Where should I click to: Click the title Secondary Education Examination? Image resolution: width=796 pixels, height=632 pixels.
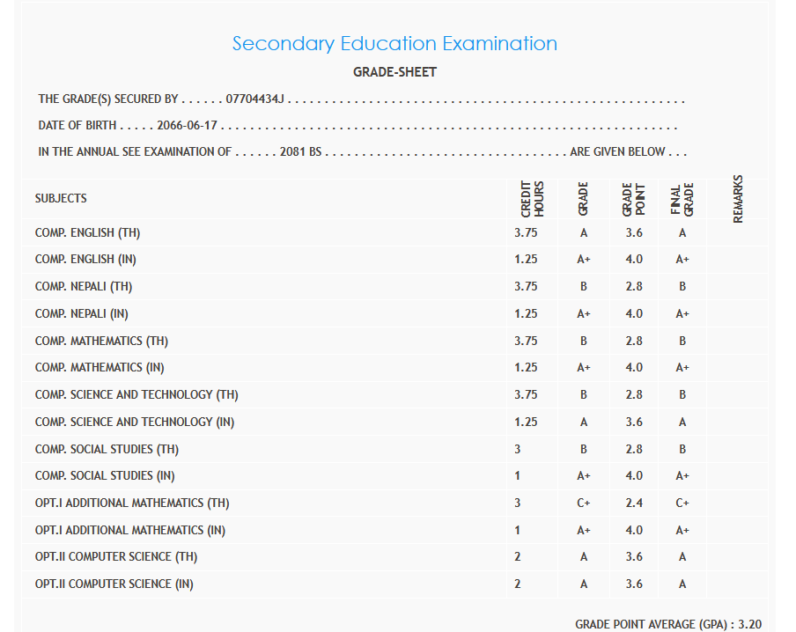(394, 43)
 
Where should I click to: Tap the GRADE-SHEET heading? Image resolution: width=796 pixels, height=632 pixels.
(394, 72)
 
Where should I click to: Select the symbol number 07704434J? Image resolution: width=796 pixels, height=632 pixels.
(254, 100)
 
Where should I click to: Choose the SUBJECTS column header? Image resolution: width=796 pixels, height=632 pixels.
(61, 198)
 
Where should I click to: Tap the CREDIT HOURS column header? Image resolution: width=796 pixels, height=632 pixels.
(533, 199)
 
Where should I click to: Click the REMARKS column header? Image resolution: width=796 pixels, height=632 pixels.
(738, 198)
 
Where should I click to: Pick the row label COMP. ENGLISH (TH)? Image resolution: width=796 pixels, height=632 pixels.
(88, 233)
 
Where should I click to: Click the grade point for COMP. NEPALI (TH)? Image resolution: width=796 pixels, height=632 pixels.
(634, 287)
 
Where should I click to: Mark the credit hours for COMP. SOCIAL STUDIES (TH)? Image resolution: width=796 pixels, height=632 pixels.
(518, 449)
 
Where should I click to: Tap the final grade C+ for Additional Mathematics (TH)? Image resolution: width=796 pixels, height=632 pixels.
(682, 503)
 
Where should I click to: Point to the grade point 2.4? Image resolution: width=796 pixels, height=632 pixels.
(634, 503)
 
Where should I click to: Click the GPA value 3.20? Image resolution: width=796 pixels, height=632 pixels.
(750, 624)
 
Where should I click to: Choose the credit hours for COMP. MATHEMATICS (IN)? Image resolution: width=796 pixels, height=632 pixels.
(526, 368)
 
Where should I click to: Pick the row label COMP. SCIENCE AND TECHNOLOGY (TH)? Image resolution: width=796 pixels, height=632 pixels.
(136, 395)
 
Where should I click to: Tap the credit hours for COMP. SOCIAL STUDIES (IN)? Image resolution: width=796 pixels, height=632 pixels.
(518, 476)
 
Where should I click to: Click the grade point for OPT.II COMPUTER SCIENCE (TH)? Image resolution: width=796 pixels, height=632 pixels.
(634, 557)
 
